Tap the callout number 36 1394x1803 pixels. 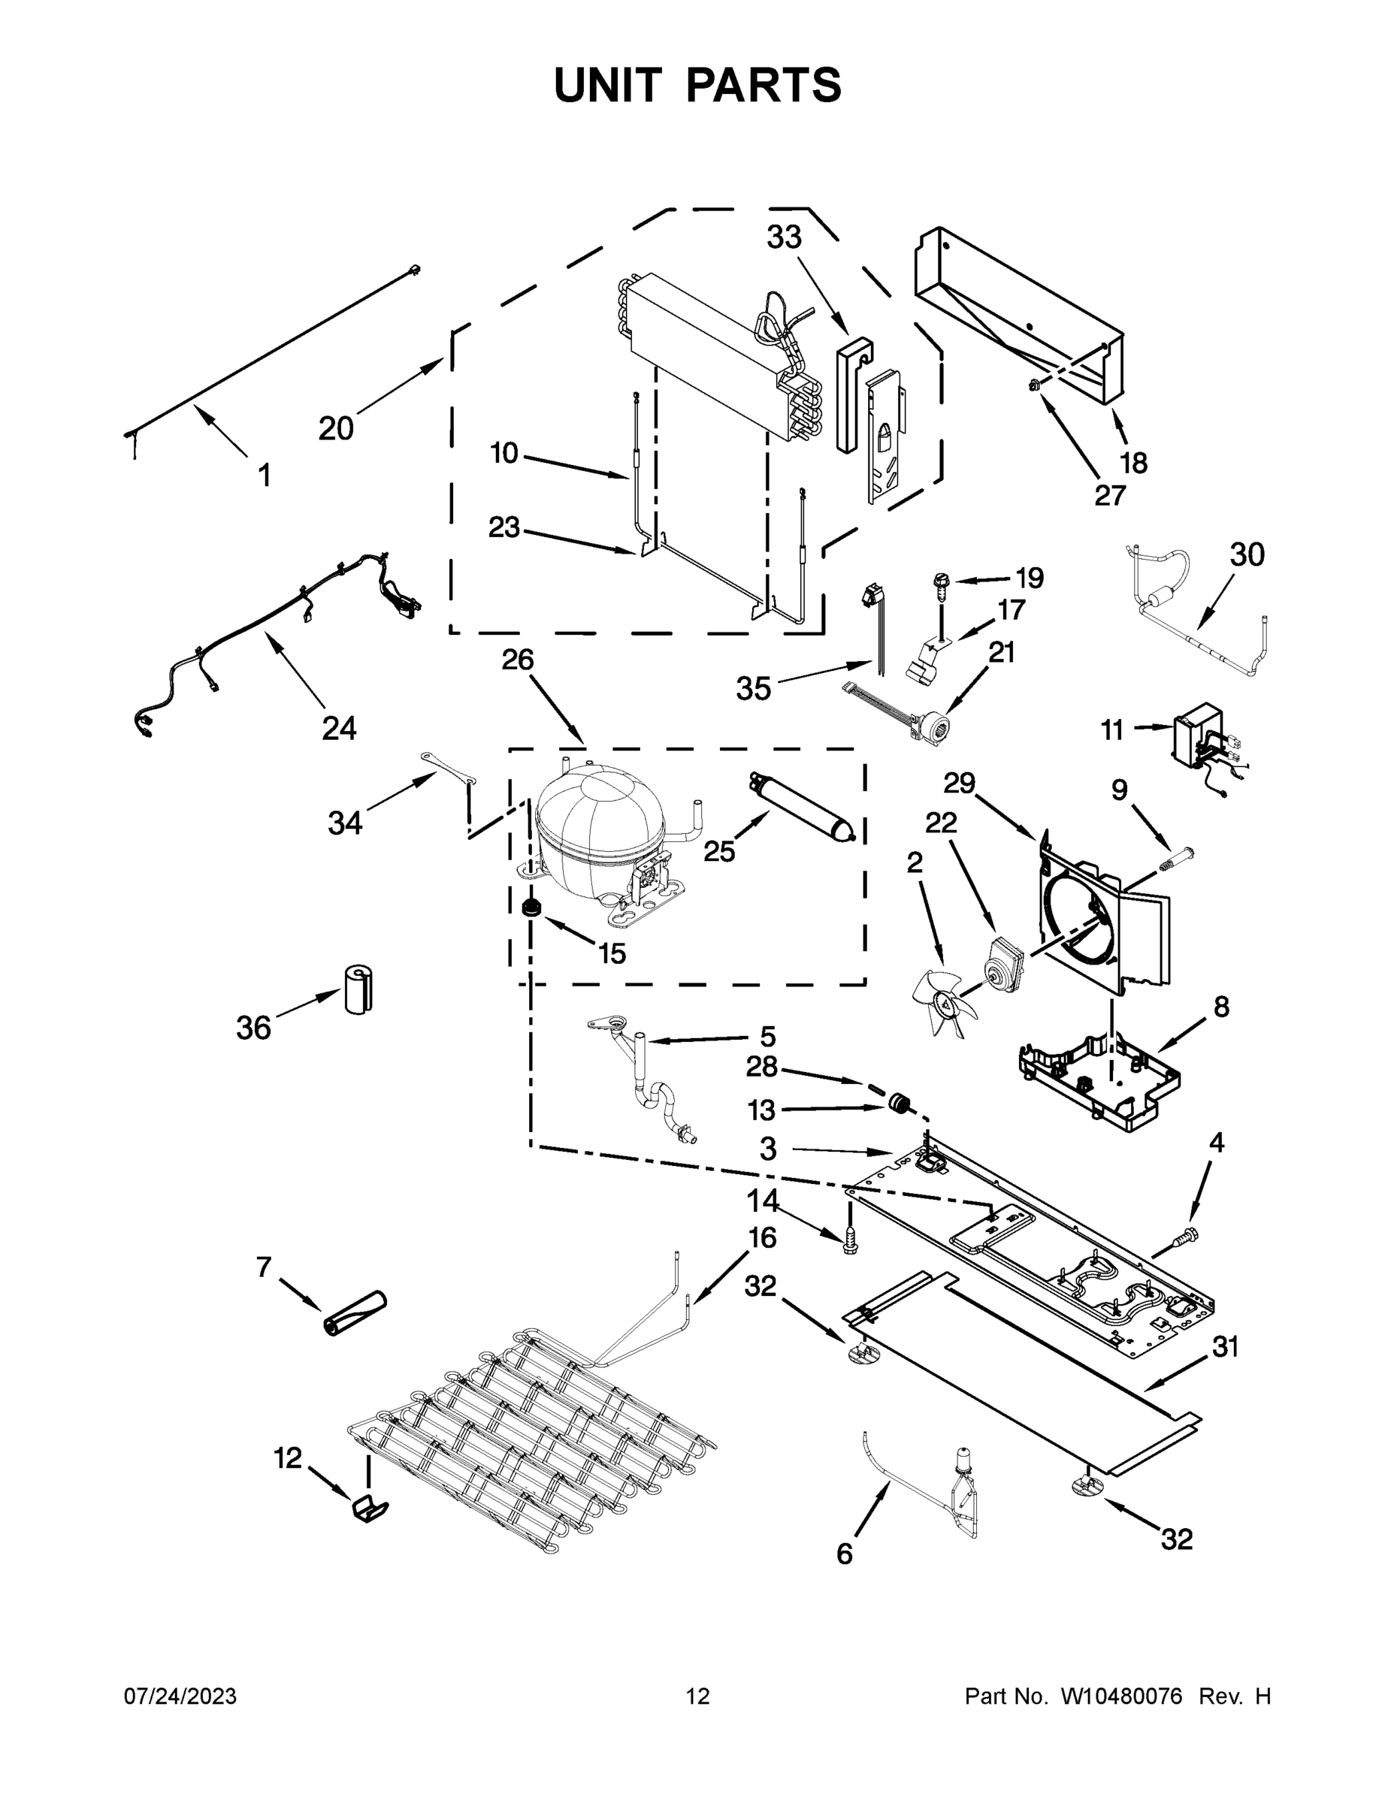coord(253,1028)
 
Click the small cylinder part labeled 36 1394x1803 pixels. coord(358,989)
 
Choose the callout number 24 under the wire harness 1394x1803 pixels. coord(339,728)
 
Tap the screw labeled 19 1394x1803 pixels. coord(940,583)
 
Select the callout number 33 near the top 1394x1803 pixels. coord(784,237)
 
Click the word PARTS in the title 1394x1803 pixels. coord(764,85)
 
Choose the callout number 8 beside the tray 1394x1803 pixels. coord(1220,1007)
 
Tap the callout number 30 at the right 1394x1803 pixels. coord(1247,554)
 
